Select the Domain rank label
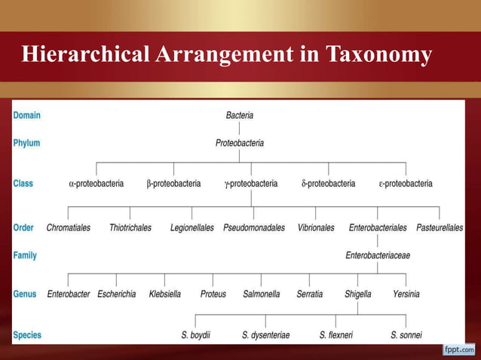click(26, 115)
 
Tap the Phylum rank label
click(26, 142)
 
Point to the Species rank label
click(27, 334)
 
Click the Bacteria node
click(240, 115)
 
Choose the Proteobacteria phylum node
click(240, 142)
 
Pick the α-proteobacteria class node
click(97, 183)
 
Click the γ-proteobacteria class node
click(251, 183)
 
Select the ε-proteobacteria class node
click(406, 183)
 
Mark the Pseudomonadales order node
click(254, 227)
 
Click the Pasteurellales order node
click(440, 227)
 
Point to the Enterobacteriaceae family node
click(378, 255)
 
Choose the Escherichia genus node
click(117, 294)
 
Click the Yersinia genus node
click(406, 294)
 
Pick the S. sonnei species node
click(406, 334)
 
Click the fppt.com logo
click(458, 349)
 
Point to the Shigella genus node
click(357, 294)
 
